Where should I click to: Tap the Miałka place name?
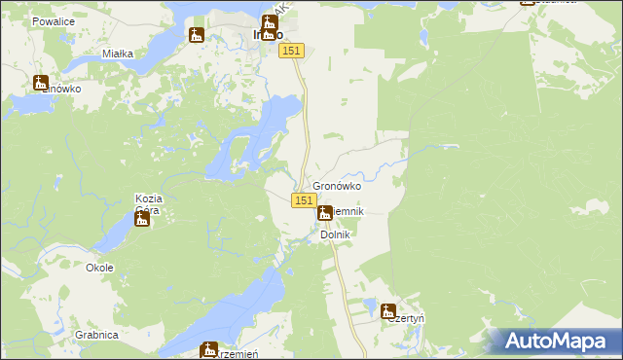point(118,54)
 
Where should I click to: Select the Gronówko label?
point(337,186)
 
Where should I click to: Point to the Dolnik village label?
point(335,234)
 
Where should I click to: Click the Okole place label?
point(99,268)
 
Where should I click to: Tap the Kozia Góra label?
point(148,204)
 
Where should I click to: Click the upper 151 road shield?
point(293,51)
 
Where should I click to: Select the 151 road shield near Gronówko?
point(303,200)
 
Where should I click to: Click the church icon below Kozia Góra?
point(142,220)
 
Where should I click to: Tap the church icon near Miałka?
point(196,36)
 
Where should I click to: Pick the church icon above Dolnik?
point(324,211)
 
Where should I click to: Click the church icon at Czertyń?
point(388,313)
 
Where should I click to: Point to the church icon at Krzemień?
point(208,349)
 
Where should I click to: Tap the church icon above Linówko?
point(40,83)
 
